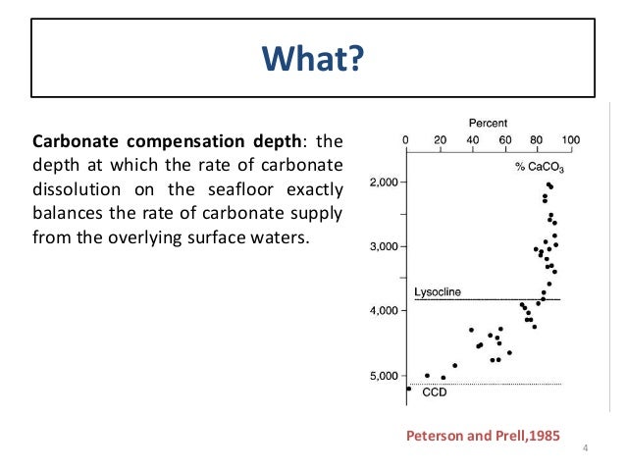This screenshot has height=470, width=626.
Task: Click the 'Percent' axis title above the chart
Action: tap(488, 123)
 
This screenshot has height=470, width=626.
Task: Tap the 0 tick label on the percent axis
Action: tap(406, 139)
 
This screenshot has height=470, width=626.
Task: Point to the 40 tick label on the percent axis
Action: tap(472, 139)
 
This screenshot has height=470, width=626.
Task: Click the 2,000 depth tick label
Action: tap(382, 183)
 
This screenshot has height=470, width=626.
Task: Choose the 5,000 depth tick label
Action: tap(382, 375)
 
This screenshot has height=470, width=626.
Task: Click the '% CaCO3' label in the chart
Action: tap(540, 169)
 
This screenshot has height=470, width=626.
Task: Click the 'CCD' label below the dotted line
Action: tap(435, 392)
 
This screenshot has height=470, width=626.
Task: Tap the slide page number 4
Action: tap(585, 450)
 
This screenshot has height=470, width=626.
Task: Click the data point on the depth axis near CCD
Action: tap(408, 389)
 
